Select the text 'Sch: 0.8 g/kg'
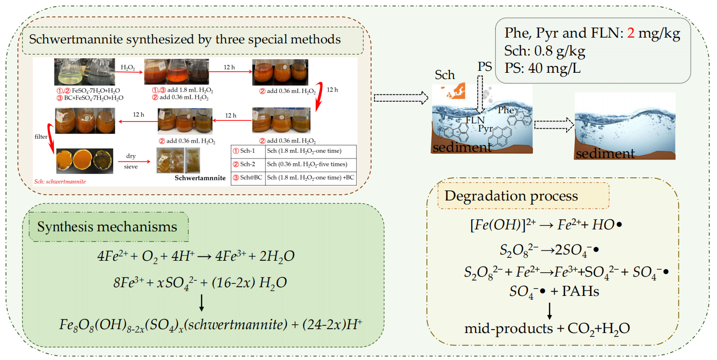point(545,50)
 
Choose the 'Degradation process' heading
point(511,196)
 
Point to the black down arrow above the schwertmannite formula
point(202,302)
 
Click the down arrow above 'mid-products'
point(549,311)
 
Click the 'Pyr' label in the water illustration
point(486,129)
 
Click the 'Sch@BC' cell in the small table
point(248,177)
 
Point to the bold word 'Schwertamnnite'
point(200,178)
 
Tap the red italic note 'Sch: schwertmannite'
point(60,182)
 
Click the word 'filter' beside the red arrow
point(40,136)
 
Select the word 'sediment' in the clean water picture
point(605,154)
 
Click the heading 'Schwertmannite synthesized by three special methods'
point(185,39)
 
